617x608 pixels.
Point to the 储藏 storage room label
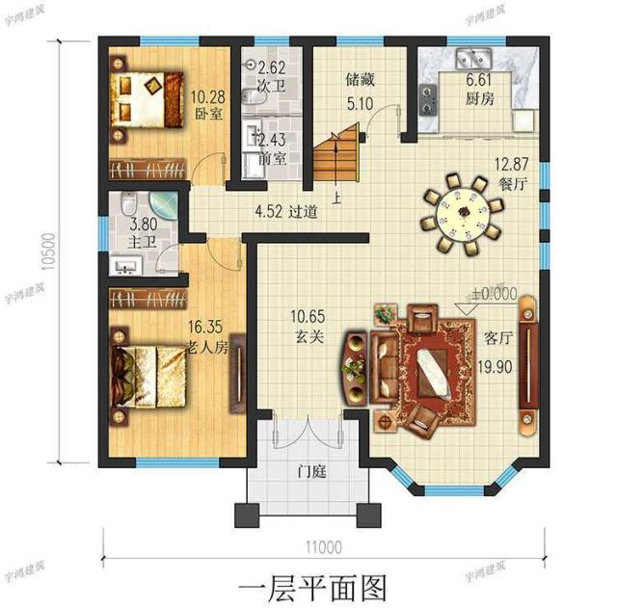[360, 81]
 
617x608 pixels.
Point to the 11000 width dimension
[324, 547]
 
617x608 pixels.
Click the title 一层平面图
[308, 585]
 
